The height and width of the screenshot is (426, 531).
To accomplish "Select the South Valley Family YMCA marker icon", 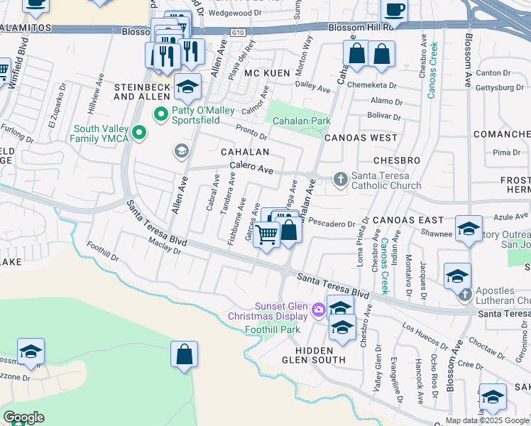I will [140, 133].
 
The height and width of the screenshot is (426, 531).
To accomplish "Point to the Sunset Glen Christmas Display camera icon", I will [318, 308].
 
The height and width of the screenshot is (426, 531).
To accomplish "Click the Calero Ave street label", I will [251, 170].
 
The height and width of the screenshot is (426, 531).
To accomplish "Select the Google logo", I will [23, 417].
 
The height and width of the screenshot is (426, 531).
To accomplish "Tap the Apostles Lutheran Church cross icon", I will [464, 295].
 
